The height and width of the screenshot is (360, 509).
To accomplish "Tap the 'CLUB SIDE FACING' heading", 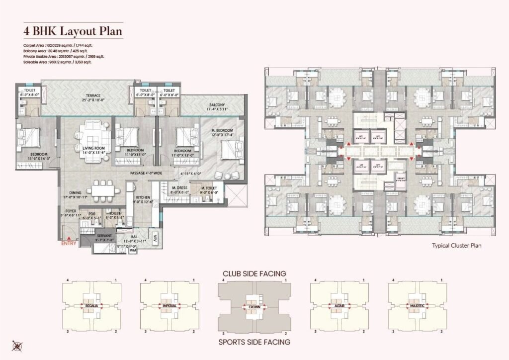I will pyautogui.click(x=254, y=273).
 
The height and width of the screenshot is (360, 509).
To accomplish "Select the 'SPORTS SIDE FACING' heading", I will pyautogui.click(x=254, y=342).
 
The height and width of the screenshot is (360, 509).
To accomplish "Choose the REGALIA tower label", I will pyautogui.click(x=90, y=305).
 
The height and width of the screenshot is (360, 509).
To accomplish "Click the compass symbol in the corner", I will pyautogui.click(x=16, y=346).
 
